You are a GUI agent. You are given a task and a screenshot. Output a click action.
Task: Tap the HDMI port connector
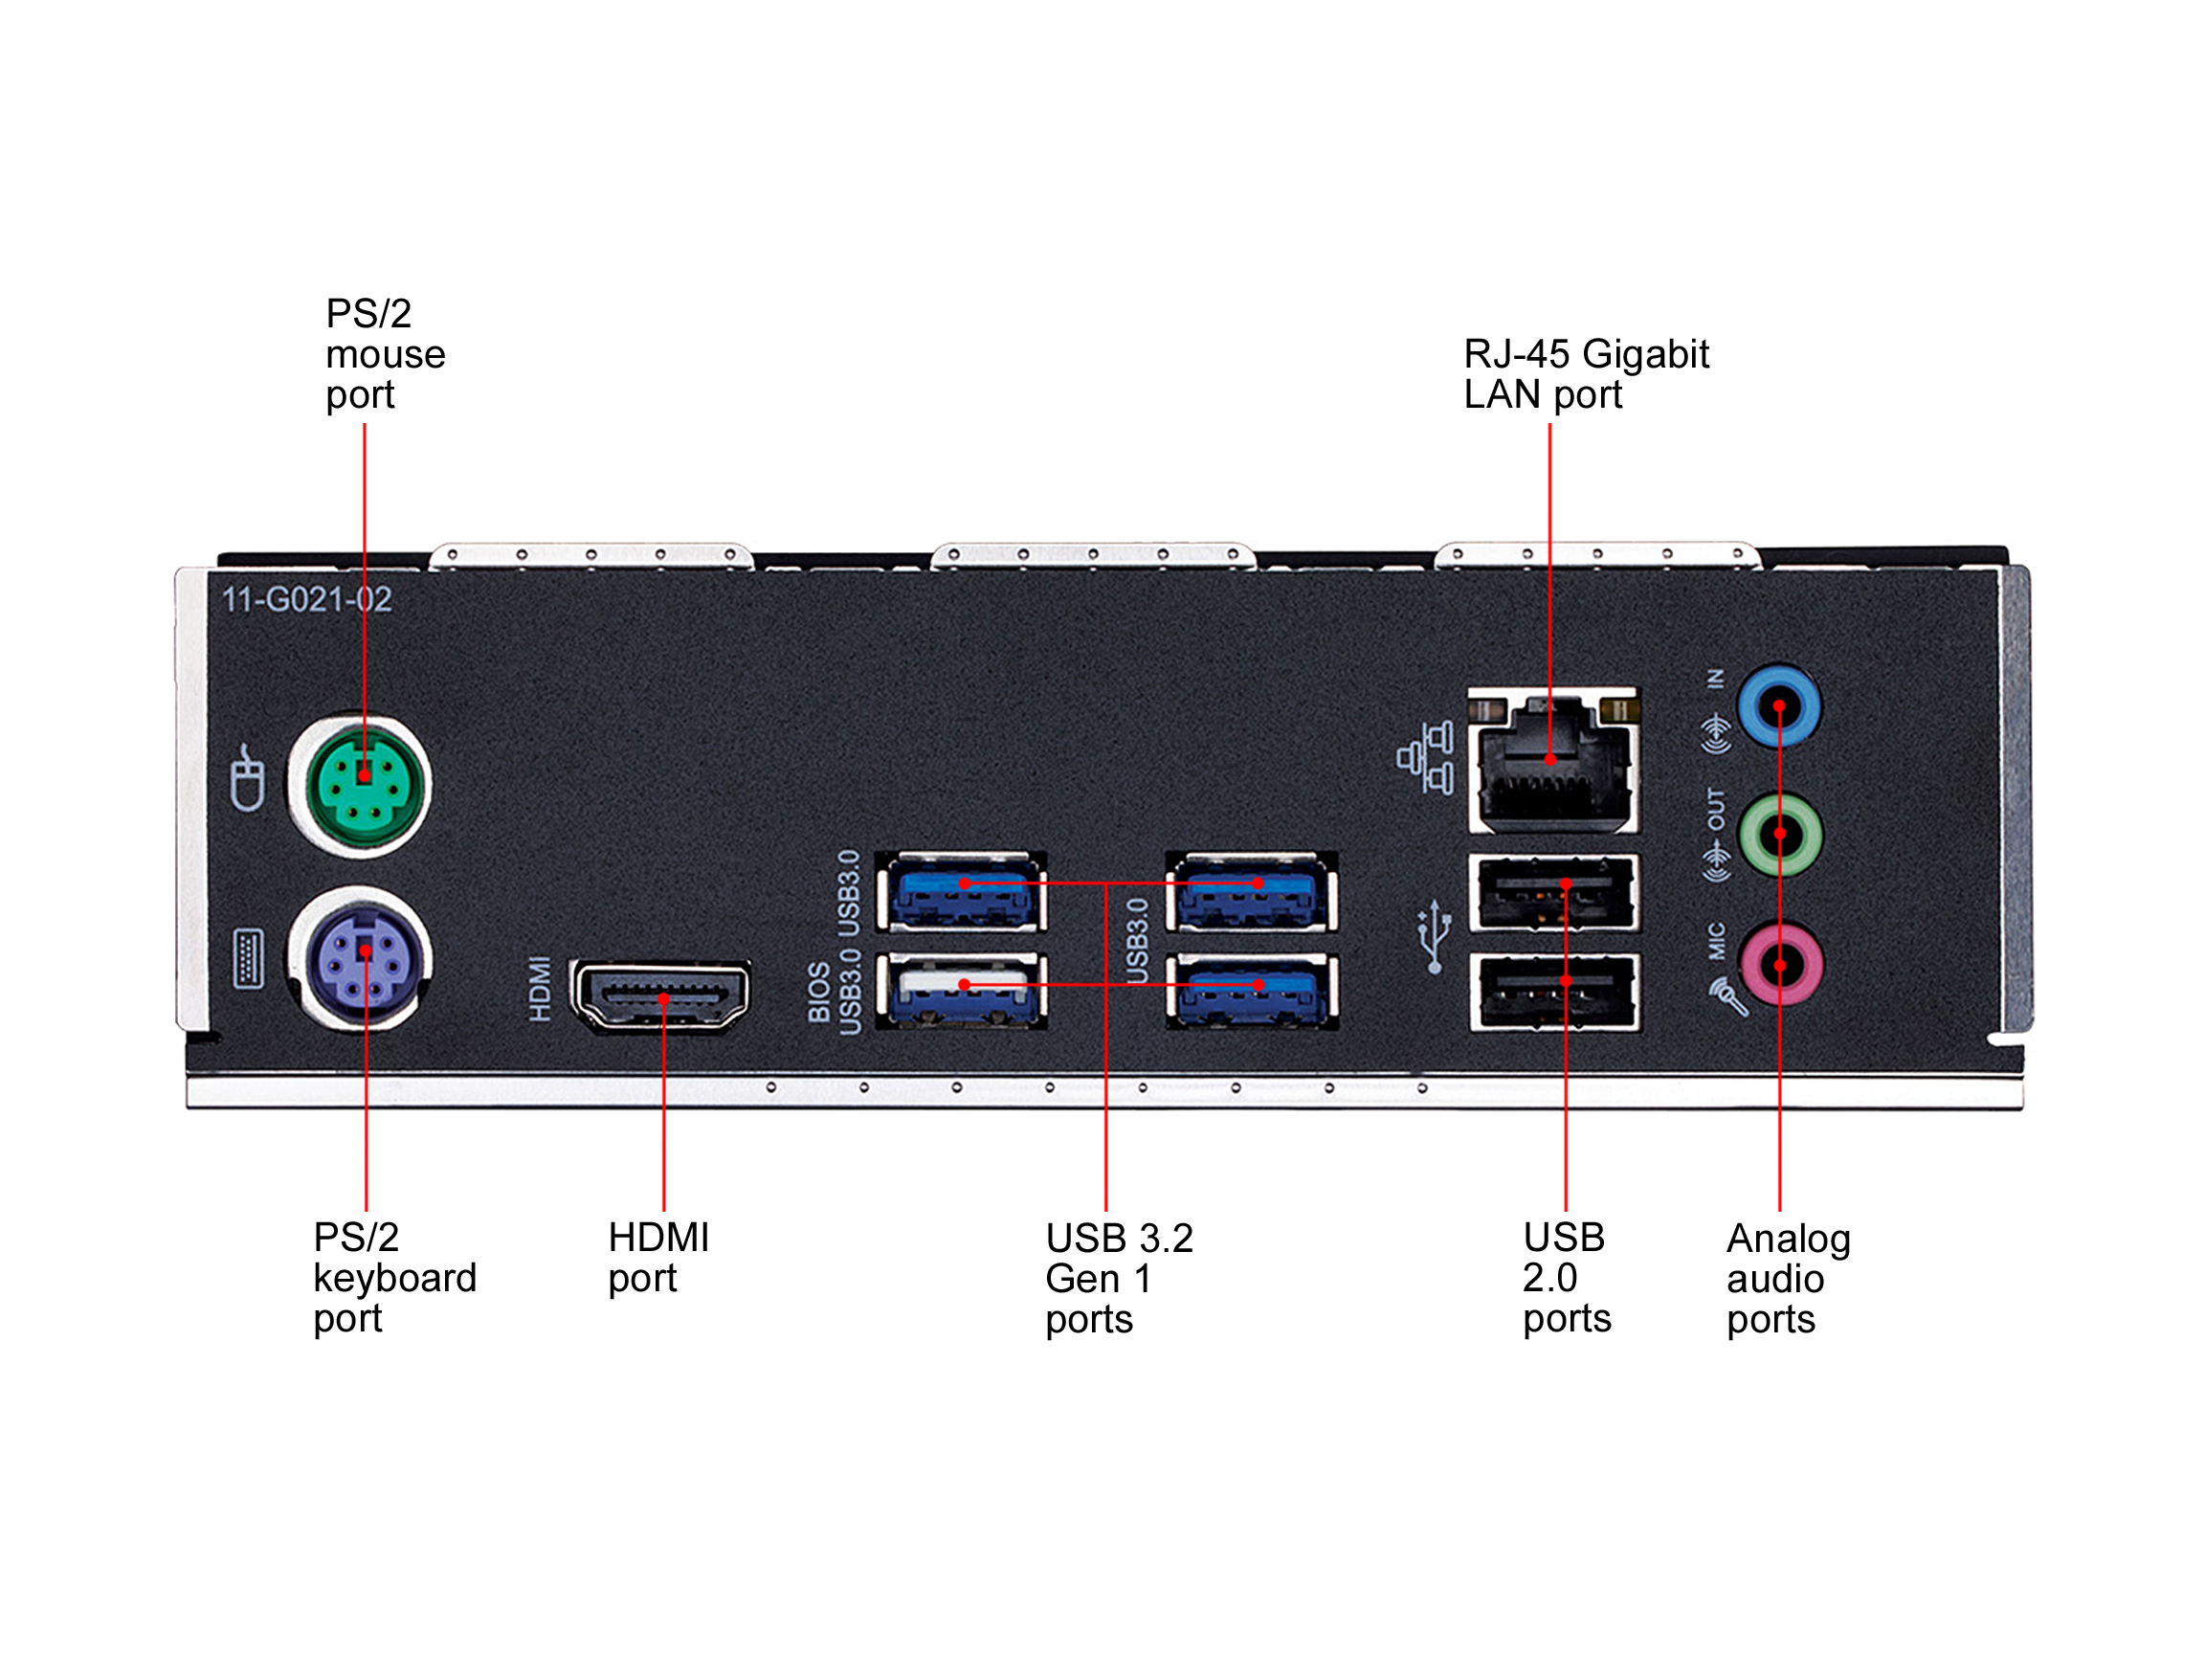point(661,995)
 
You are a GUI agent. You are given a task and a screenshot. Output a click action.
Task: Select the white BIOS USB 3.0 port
point(962,990)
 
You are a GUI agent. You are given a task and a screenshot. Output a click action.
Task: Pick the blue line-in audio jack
point(1779,706)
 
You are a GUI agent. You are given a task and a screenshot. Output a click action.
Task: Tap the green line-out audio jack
point(1780,835)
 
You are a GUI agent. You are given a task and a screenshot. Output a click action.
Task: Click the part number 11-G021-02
point(306,599)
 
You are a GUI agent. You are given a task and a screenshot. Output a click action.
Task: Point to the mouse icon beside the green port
point(247,778)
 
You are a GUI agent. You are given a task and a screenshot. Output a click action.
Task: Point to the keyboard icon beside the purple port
point(247,959)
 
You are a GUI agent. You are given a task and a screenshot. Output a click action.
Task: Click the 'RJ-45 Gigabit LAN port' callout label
point(1585,374)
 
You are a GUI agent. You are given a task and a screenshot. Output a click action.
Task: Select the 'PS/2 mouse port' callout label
point(385,354)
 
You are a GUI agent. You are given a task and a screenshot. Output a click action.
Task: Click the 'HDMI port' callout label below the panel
point(657,1257)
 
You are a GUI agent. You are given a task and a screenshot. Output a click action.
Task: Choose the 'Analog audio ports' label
point(1788,1278)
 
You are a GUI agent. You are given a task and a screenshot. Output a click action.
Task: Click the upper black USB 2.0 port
point(1554,891)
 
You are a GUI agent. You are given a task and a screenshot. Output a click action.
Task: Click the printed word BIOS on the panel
point(818,992)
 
